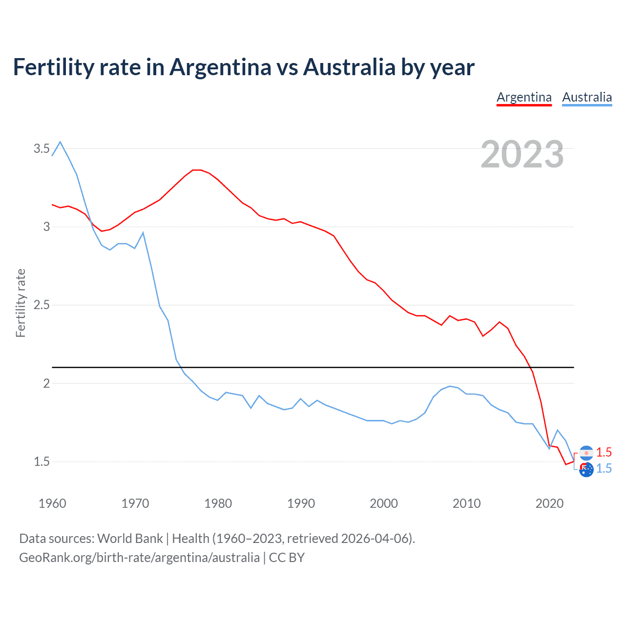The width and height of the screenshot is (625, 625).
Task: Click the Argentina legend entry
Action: [524, 97]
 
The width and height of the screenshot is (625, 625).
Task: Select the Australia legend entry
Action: [587, 97]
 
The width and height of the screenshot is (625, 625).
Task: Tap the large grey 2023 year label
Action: [522, 154]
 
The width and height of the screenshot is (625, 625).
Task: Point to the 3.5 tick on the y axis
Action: [42, 148]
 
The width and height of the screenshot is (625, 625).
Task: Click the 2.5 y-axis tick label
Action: [42, 305]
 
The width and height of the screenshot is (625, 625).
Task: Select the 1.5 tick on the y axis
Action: [42, 461]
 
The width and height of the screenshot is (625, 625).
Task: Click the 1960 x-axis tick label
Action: [52, 503]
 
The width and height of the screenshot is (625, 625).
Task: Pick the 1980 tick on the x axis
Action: [218, 503]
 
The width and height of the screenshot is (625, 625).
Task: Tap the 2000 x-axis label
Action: [384, 503]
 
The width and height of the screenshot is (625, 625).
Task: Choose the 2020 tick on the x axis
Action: [550, 503]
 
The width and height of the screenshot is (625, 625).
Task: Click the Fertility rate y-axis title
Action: [21, 303]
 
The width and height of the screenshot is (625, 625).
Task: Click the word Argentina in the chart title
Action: [220, 67]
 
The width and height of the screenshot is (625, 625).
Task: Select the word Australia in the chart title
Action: [349, 67]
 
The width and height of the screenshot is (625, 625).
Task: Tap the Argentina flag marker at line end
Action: [586, 453]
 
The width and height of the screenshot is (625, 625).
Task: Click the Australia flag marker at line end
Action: [586, 470]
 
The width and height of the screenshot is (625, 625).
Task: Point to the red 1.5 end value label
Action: [604, 452]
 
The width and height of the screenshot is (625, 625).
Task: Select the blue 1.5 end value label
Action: [604, 468]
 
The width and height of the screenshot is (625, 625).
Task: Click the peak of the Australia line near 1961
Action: [60, 142]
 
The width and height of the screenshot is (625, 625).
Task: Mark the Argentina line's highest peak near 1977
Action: [196, 170]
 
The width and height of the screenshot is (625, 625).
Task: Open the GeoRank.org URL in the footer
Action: [139, 558]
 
